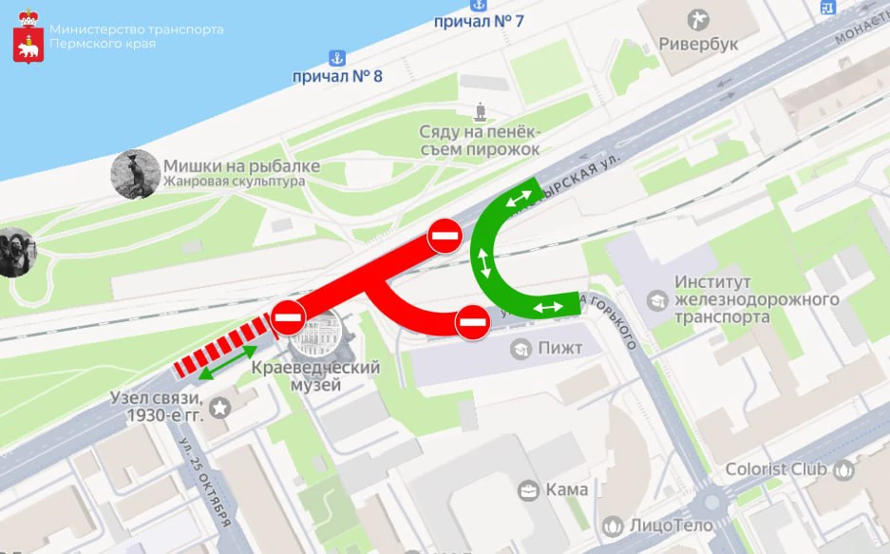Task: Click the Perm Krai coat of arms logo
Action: (28, 38)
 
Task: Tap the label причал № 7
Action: (477, 20)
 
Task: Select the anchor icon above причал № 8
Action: (335, 57)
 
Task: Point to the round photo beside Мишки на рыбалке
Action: (134, 174)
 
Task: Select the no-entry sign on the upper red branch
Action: (444, 235)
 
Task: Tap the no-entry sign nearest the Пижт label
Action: (472, 323)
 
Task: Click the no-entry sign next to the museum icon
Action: (288, 318)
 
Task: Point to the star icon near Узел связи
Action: (220, 408)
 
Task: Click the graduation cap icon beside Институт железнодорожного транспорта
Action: (656, 300)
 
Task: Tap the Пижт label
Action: (559, 349)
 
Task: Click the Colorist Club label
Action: (776, 469)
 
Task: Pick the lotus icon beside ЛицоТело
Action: (613, 525)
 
